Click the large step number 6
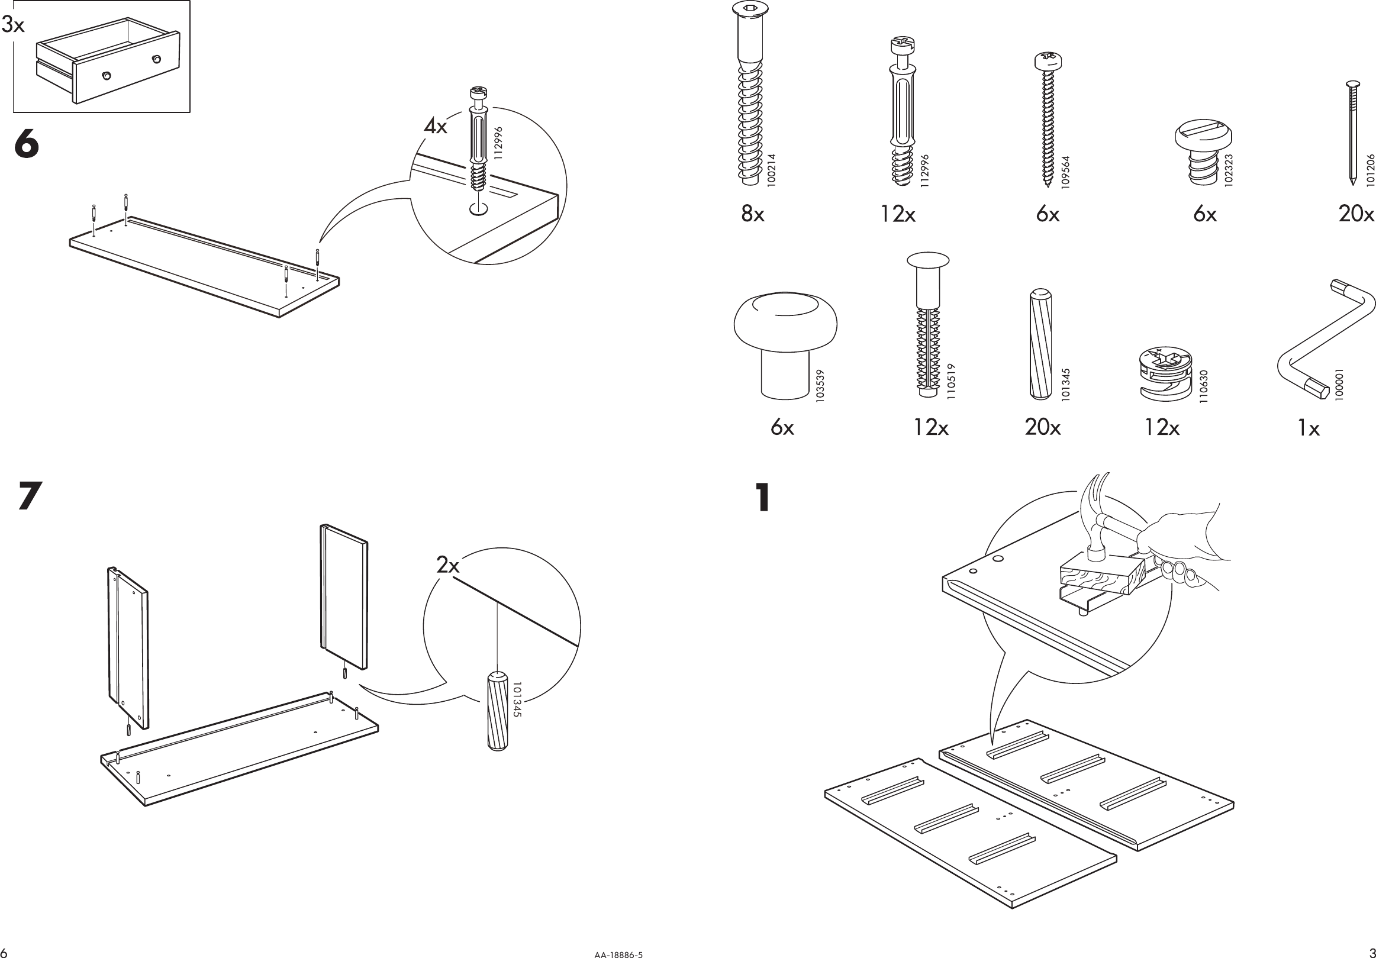coord(27,146)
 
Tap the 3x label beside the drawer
coord(13,25)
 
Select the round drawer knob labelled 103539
coord(785,341)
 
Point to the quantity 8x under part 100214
coord(753,213)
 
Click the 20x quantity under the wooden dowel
coord(1042,427)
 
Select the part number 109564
coord(1065,173)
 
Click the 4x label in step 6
coord(436,127)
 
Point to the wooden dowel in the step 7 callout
coord(498,711)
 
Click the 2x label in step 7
coord(447,565)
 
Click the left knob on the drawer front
coord(107,76)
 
